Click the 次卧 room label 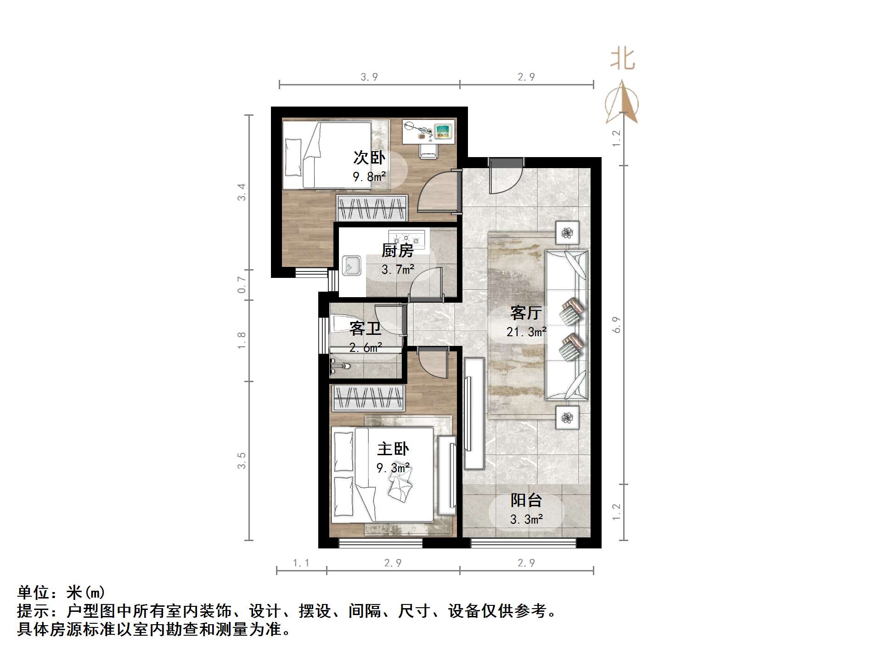tap(369, 158)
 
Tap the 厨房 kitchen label tap(397, 250)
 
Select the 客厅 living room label tap(526, 313)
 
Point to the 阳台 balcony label tap(526, 500)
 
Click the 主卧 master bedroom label tap(393, 449)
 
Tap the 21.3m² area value tap(526, 332)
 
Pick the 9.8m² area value tap(369, 176)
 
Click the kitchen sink tap(352, 266)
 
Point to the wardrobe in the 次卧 tap(372, 208)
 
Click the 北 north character tap(622, 59)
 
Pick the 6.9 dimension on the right tap(617, 325)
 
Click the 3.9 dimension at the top tap(369, 77)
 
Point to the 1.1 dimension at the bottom tap(301, 563)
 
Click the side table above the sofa tap(568, 232)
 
